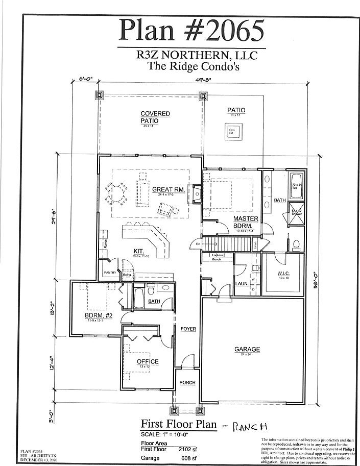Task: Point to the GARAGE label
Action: tap(247, 350)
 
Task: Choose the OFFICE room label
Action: tap(148, 362)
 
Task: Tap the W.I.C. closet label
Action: tap(283, 274)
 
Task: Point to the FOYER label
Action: tap(188, 329)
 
